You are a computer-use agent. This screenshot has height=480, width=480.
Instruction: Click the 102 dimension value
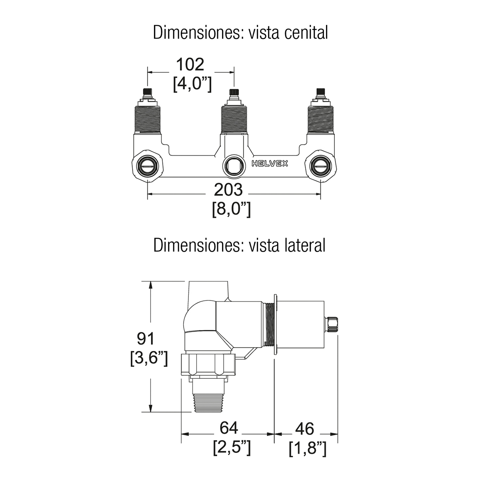coord(190,64)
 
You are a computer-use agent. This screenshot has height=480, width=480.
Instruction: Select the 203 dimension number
coord(228,190)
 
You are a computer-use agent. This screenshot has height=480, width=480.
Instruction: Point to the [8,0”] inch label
coord(232,210)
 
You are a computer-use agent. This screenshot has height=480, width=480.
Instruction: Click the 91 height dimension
coord(146,338)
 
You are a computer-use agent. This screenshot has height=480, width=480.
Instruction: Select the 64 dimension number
coord(229,428)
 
